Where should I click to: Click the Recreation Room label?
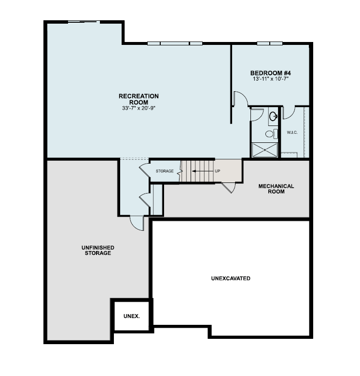pyautogui.click(x=138, y=99)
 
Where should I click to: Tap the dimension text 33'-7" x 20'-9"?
pyautogui.click(x=138, y=108)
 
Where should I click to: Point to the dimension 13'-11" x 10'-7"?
pyautogui.click(x=270, y=79)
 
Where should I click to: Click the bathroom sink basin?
pyautogui.click(x=273, y=116)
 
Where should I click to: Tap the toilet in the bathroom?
pyautogui.click(x=271, y=133)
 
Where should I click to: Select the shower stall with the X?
pyautogui.click(x=264, y=150)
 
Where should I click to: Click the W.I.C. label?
pyautogui.click(x=292, y=132)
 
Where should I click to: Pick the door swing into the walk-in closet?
pyautogui.click(x=288, y=113)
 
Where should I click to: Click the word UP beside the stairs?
pyautogui.click(x=218, y=171)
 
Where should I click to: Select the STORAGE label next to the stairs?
pyautogui.click(x=165, y=171)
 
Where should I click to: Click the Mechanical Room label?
pyautogui.click(x=276, y=189)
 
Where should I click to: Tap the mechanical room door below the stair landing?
pyautogui.click(x=228, y=187)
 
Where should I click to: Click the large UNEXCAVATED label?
pyautogui.click(x=231, y=279)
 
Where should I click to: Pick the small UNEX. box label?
pyautogui.click(x=132, y=316)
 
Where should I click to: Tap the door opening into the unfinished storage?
pyautogui.click(x=137, y=223)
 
